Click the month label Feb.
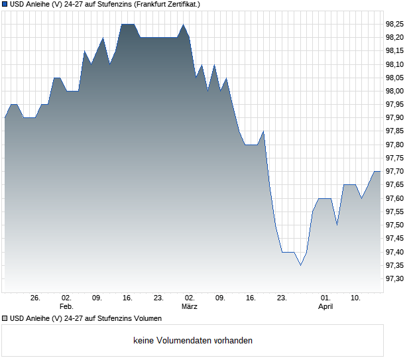pos(66,307)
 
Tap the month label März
pos(190,307)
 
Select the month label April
pos(325,307)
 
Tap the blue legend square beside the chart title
pos(5,5)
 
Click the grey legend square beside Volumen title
pos(5,318)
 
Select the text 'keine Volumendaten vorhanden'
pos(193,341)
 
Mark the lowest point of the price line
pos(300,265)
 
